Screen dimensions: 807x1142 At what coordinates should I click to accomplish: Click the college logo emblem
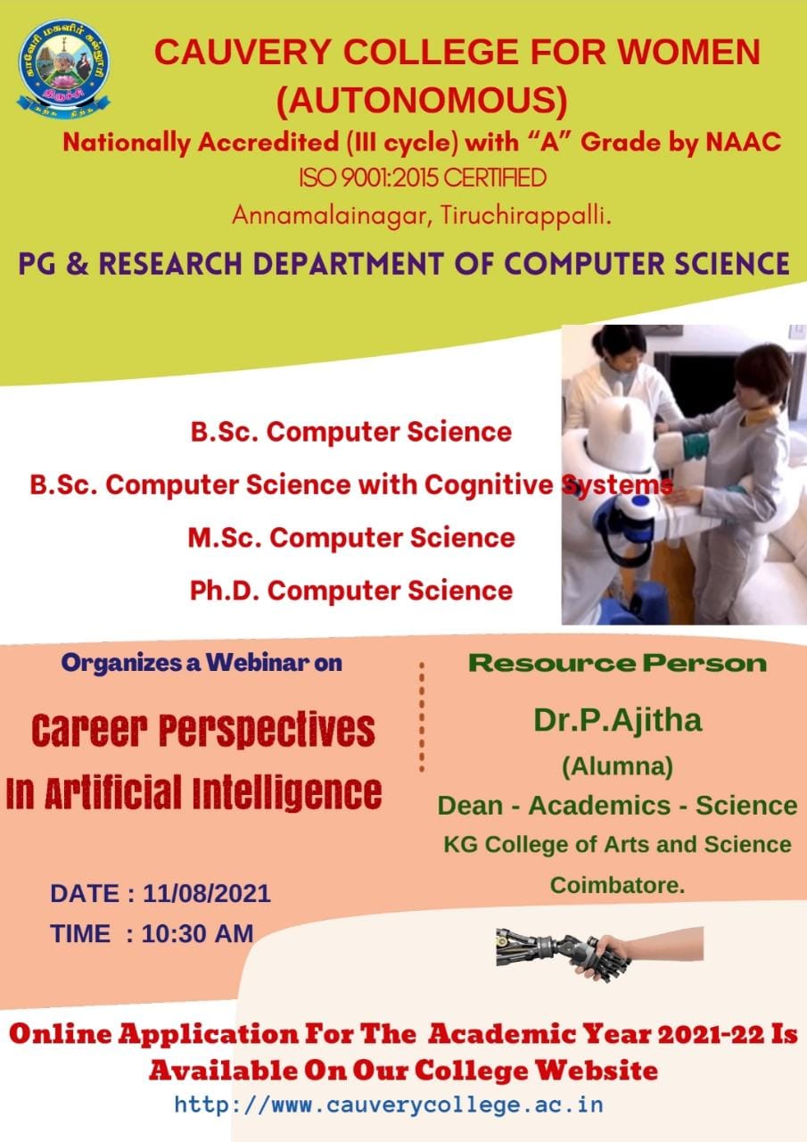[63, 69]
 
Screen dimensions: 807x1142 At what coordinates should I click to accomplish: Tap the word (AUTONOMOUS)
[422, 101]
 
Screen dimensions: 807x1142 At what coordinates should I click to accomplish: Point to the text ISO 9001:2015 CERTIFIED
[423, 178]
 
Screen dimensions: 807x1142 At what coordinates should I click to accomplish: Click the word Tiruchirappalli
[526, 216]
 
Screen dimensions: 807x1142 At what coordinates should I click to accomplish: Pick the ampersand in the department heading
[77, 264]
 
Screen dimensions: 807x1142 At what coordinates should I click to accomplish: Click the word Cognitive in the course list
[489, 484]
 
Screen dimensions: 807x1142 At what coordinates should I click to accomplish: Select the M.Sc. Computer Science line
[351, 538]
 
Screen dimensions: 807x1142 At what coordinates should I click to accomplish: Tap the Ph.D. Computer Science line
[351, 591]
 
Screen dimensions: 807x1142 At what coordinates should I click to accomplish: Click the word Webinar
[258, 663]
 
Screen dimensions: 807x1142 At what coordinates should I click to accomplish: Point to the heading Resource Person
[617, 663]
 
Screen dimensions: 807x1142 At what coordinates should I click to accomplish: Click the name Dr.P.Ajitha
[617, 720]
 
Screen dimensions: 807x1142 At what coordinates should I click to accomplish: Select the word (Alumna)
[617, 766]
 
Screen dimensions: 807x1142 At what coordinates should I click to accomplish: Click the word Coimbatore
[617, 886]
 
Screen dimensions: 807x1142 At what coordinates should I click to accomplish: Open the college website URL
[390, 1105]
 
